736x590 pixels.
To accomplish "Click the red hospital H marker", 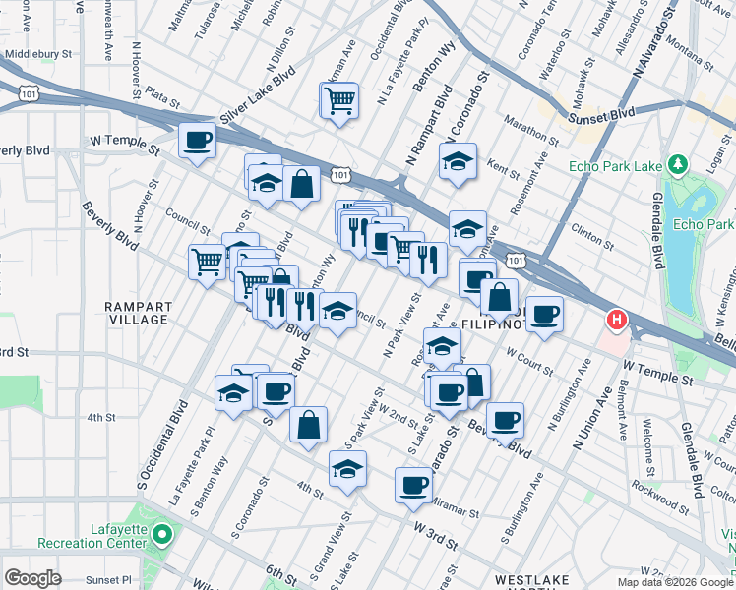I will point(617,320).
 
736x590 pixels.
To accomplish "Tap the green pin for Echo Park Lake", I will point(676,163).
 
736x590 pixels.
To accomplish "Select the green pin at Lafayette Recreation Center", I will point(162,536).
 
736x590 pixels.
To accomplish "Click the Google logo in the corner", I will point(32,578).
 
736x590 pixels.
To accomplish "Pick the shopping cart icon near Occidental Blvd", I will point(337,100).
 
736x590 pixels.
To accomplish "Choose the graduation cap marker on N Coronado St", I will point(458,161).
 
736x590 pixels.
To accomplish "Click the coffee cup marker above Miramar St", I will point(413,484).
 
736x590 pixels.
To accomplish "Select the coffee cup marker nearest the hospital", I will point(544,314).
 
